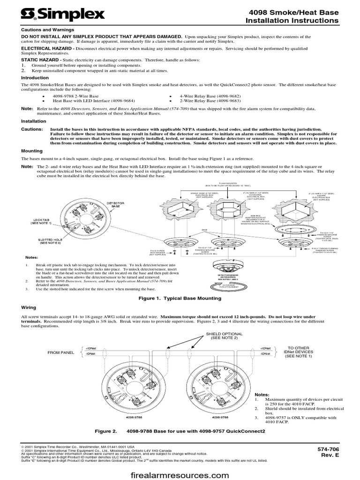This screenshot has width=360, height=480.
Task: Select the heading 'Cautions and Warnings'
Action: (43, 29)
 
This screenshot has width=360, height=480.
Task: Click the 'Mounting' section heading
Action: (32, 151)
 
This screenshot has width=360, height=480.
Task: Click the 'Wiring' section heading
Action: (29, 307)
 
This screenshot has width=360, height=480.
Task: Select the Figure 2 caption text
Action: (180, 431)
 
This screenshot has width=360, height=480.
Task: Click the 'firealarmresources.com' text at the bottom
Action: (180, 475)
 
